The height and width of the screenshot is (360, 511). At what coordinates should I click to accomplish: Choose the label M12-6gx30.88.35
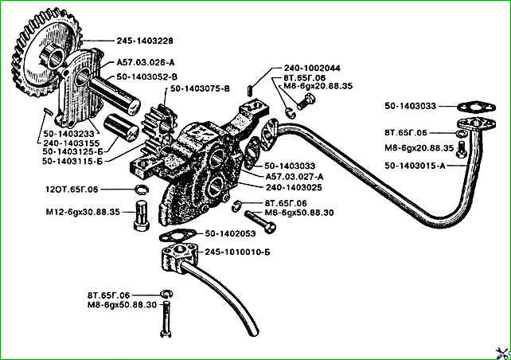[80, 213]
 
